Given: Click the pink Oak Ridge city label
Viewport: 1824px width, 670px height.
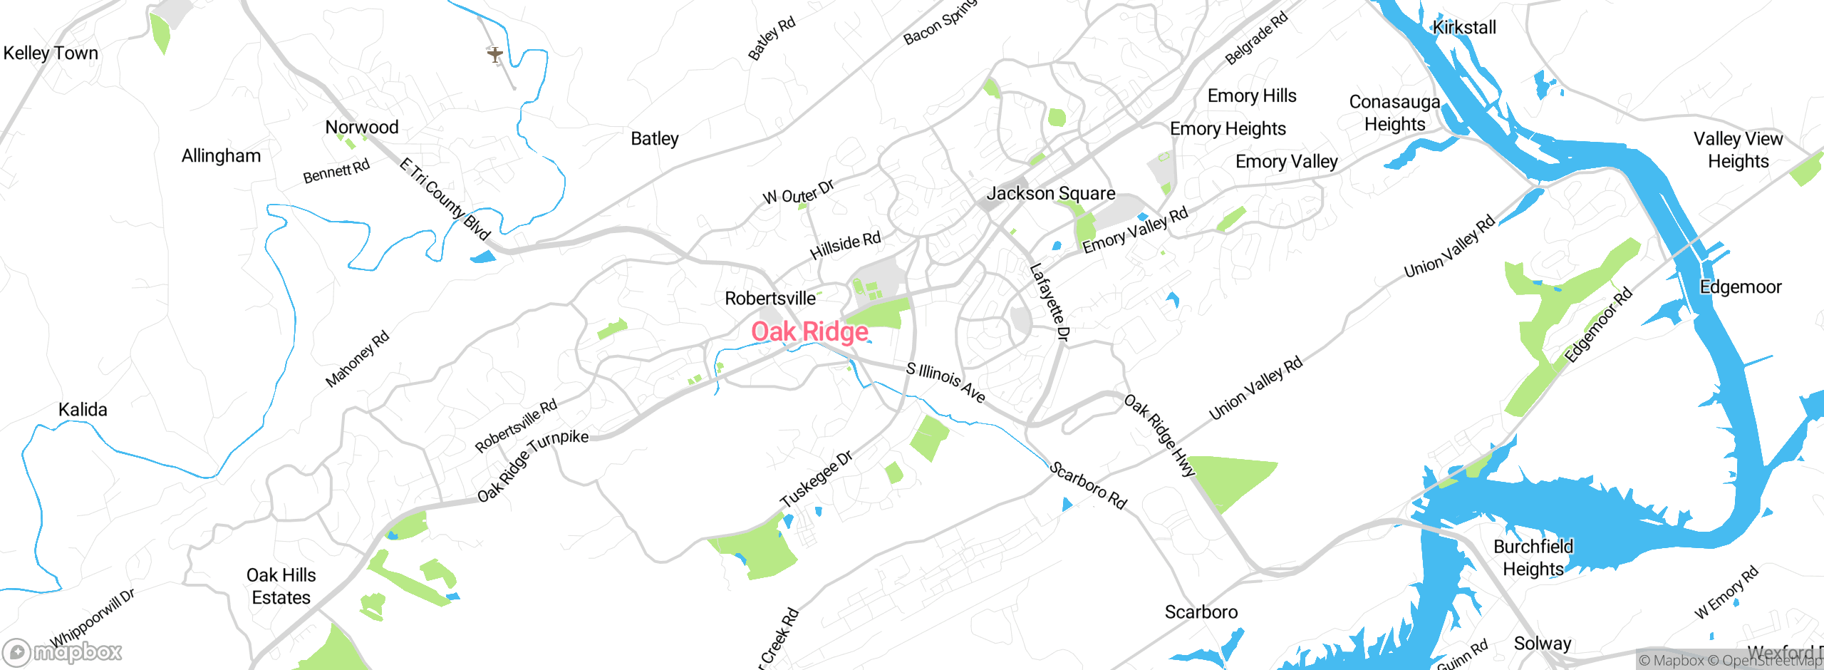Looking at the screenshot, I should pos(809,332).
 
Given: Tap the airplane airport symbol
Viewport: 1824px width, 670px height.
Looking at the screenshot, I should pos(495,54).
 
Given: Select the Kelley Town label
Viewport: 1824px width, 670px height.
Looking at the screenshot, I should pos(51,53).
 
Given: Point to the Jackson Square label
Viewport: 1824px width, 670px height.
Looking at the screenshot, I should pos(1050,193).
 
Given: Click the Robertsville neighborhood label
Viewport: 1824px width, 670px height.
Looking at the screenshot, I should pos(769,298).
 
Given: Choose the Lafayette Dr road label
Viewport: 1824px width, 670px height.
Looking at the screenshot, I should pos(1049,302).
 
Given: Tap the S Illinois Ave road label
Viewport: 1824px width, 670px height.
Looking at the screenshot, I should pos(945,383).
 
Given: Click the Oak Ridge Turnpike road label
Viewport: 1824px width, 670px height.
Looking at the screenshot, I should pos(532,465).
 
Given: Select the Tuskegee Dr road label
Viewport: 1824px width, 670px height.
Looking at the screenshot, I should pos(816,479).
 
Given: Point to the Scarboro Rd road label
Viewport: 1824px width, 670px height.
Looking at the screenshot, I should pos(1088,485).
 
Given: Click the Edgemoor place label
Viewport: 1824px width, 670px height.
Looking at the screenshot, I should pos(1740,287).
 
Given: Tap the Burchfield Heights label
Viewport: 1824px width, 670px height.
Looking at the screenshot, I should pos(1533,557).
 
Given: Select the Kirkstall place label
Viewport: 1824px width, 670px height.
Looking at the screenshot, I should pos(1464,28).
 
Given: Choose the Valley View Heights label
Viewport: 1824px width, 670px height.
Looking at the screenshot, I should pos(1738,150).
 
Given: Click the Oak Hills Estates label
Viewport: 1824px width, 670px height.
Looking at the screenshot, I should pos(281,586).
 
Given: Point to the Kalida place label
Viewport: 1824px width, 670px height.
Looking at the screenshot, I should pos(83,410).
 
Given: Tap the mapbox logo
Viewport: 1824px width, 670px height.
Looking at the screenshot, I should pos(63,651).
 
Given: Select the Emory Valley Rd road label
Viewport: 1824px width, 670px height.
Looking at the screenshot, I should pos(1135,230).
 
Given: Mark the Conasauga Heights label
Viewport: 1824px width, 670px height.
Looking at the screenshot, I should pos(1394,113).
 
